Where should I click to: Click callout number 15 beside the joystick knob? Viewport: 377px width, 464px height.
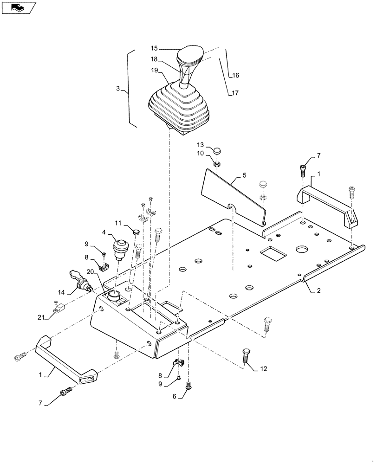coord(154,48)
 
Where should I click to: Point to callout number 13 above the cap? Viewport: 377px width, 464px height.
coord(200,144)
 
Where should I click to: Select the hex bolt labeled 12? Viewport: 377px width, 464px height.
coord(246,358)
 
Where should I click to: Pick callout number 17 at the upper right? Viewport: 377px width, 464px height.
coord(235,93)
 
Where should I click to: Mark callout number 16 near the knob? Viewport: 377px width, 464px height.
coord(235,75)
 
